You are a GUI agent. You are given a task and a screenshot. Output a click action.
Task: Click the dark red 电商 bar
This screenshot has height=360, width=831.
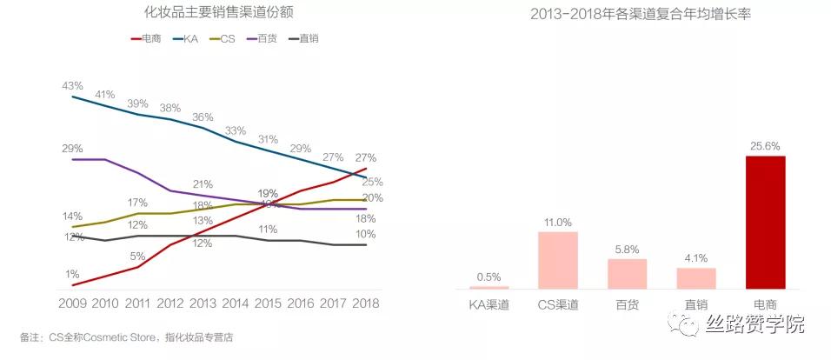click(x=765, y=223)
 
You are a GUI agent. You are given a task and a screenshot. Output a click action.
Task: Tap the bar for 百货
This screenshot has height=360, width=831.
click(x=627, y=273)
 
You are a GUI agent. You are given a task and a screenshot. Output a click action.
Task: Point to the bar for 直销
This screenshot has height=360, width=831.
click(x=695, y=277)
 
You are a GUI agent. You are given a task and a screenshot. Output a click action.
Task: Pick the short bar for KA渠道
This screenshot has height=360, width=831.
click(x=489, y=287)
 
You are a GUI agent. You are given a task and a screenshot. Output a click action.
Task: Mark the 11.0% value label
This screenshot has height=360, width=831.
click(x=557, y=222)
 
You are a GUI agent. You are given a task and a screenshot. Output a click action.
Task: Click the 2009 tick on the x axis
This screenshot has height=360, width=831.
click(x=72, y=304)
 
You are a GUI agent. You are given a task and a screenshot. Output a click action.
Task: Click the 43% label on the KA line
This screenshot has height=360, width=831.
click(x=72, y=86)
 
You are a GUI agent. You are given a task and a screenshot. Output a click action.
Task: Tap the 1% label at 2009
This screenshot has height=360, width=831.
click(x=72, y=274)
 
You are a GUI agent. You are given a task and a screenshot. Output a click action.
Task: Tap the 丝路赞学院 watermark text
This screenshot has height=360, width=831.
click(x=755, y=324)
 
